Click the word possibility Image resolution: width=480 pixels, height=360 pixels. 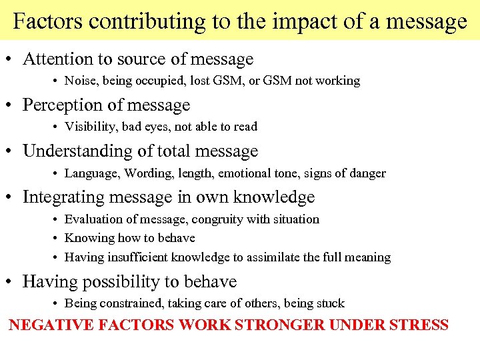tap(109, 282)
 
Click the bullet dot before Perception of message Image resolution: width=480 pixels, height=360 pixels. tap(13, 106)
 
